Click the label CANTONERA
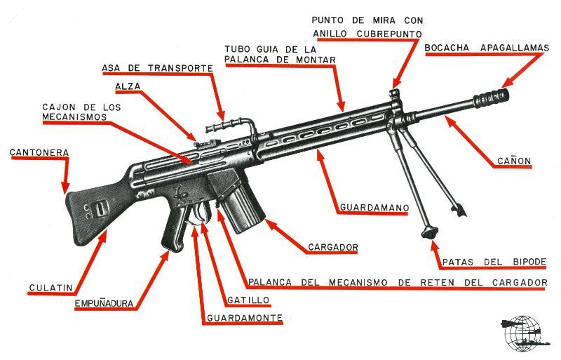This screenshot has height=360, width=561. [x=39, y=152]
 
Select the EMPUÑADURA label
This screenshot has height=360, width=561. [x=106, y=305]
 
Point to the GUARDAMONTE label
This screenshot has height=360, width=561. [x=245, y=319]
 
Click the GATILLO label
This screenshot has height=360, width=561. [x=248, y=300]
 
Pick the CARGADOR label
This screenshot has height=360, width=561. [x=333, y=247]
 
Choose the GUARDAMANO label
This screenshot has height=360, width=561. [x=373, y=208]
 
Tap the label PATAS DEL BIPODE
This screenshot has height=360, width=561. [x=494, y=262]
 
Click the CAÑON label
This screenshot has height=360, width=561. [x=514, y=161]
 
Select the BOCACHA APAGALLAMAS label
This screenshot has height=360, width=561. [x=486, y=48]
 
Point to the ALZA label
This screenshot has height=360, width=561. [x=128, y=86]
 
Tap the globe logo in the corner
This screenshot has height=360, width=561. [x=521, y=332]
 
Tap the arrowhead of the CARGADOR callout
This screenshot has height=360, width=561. [x=268, y=224]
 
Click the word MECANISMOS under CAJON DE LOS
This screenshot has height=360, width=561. [x=75, y=116]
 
